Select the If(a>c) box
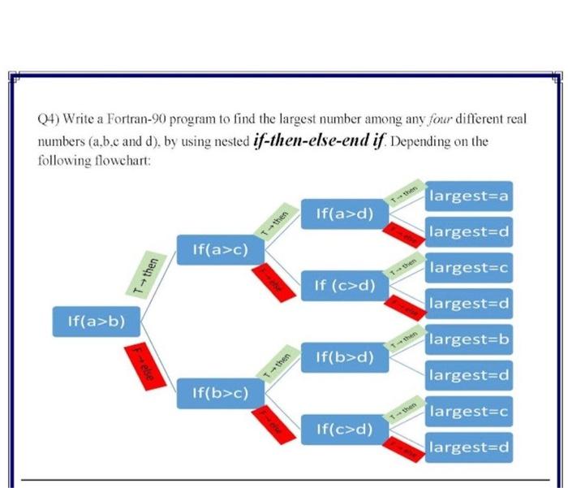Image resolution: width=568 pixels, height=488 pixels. [x=218, y=251]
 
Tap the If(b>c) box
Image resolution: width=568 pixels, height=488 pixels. [x=218, y=394]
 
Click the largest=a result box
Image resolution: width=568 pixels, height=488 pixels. [x=468, y=196]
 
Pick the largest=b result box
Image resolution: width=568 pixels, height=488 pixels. [x=468, y=339]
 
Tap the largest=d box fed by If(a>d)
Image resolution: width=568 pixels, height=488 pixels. [x=468, y=232]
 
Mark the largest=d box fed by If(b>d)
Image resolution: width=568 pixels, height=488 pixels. [x=468, y=375]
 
